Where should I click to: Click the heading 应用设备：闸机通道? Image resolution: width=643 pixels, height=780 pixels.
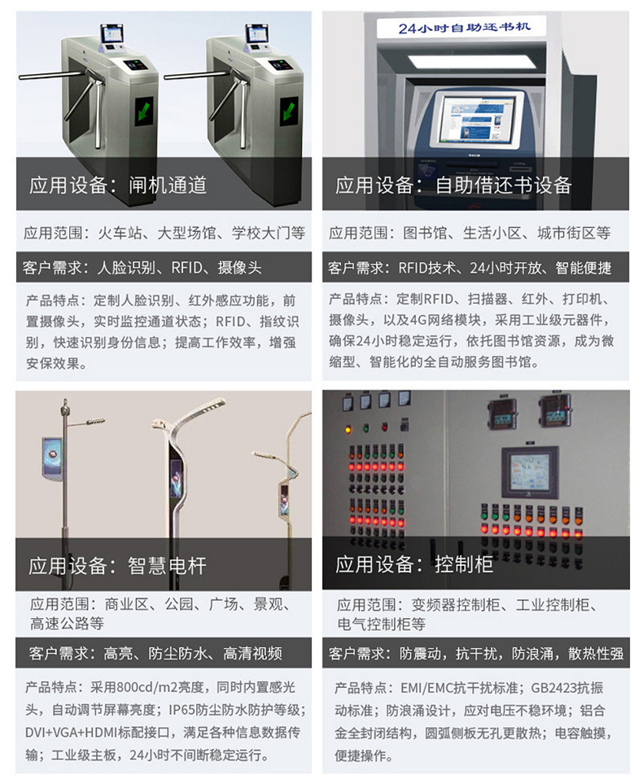pos(118,186)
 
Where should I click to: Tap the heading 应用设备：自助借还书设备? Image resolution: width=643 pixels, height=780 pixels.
pos(453,186)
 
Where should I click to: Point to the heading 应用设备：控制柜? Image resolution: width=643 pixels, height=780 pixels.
pos(414,565)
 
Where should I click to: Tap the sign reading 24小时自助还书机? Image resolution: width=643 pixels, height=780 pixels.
pos(464,28)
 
